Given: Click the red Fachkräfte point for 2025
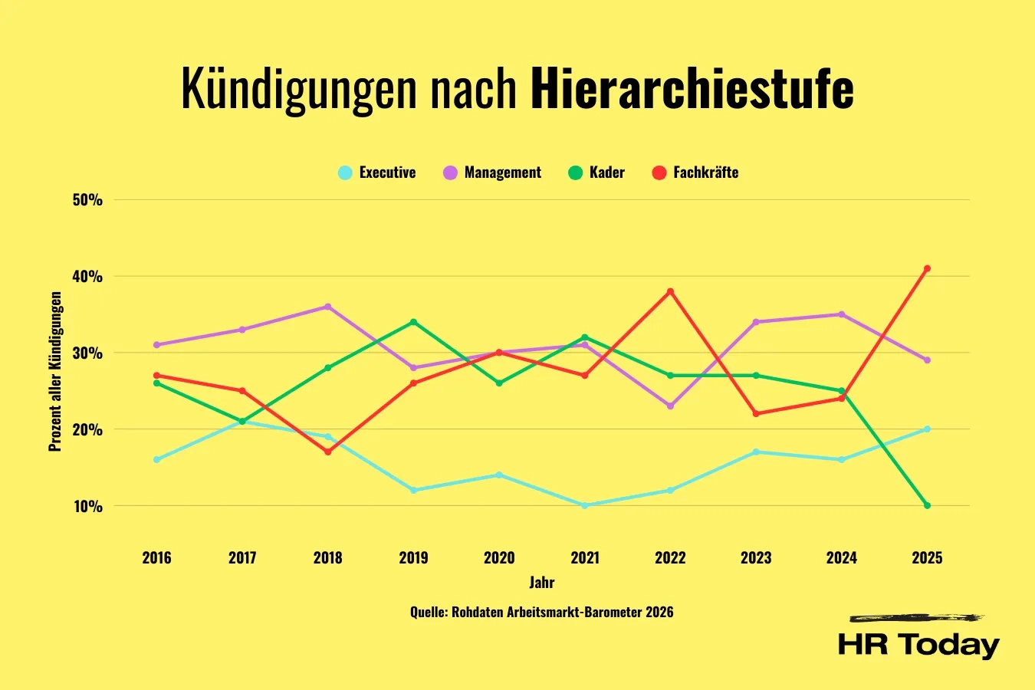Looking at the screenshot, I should (927, 268).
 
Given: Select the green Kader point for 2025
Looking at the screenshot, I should (927, 505).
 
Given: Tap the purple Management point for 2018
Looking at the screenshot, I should (327, 307).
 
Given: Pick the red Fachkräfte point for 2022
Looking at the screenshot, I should (670, 291).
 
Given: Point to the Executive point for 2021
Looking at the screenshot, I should (584, 505).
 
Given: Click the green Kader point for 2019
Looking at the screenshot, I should (413, 322).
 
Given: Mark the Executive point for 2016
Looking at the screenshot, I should (156, 459).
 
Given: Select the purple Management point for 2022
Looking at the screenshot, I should (670, 406).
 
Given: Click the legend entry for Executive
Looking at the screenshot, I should (377, 172).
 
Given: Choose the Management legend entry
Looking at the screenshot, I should (492, 172).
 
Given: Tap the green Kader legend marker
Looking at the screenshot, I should (575, 172).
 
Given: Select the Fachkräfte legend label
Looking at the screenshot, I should (705, 172).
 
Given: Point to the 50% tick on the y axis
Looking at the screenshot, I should (87, 200).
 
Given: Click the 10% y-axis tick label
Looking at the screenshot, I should (87, 506).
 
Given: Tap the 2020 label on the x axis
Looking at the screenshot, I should (498, 557).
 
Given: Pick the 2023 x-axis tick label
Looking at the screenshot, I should (755, 557).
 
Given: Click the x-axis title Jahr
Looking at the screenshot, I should (541, 582).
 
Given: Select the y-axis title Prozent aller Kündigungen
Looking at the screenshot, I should (55, 371).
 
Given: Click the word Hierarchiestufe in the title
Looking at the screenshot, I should (692, 89).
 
